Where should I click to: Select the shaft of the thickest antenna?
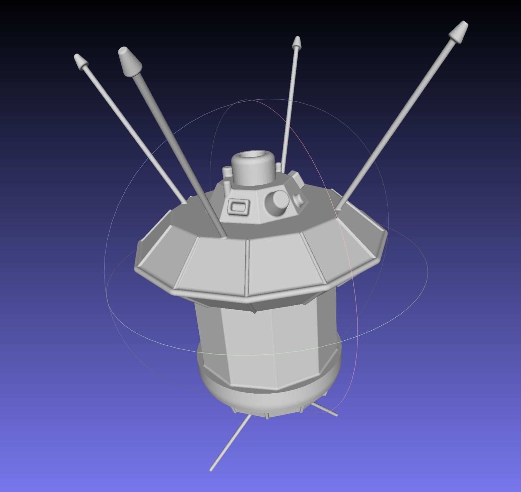pyautogui.click(x=178, y=151)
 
